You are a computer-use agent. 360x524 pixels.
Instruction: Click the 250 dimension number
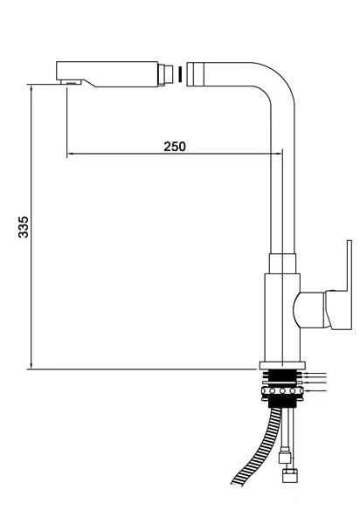click(x=175, y=147)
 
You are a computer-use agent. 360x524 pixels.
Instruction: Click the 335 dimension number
click(x=24, y=227)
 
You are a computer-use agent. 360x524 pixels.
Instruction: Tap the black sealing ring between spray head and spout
click(x=180, y=74)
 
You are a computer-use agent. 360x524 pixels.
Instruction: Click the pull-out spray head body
click(x=107, y=74)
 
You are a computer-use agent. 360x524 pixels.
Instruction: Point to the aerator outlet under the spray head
click(x=71, y=82)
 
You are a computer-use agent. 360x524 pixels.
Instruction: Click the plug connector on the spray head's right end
click(x=165, y=74)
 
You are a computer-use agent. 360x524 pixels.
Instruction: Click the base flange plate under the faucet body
click(x=282, y=365)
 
